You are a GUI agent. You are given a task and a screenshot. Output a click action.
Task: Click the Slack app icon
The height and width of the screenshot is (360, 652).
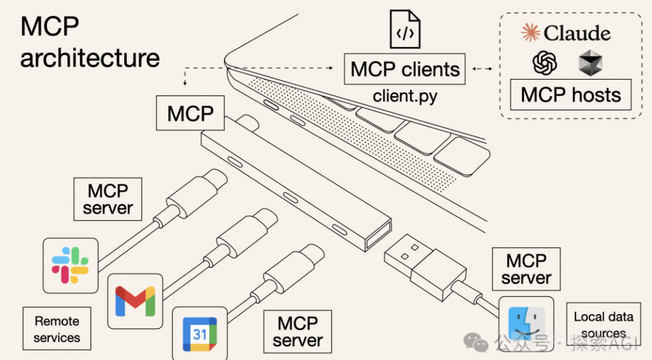tap(70, 266)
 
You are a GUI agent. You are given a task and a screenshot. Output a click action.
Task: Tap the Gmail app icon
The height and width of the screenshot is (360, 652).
tap(135, 301)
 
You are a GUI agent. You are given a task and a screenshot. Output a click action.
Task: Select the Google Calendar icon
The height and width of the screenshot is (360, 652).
tap(199, 334)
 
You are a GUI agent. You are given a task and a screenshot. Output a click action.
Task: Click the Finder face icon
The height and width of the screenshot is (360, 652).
tap(527, 324)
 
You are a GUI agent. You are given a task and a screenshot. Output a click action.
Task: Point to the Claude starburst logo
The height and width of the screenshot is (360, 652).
tap(530, 32)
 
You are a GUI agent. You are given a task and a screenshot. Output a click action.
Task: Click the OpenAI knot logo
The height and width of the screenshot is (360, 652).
tap(545, 63)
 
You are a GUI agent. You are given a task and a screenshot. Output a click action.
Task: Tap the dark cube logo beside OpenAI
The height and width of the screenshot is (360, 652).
tap(590, 63)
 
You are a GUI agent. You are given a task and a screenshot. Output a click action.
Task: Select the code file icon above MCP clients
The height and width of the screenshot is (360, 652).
tap(404, 29)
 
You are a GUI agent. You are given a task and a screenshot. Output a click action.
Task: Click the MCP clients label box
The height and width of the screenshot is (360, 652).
tap(404, 69)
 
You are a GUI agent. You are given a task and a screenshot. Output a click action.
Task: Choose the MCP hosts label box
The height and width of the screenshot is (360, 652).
tap(570, 95)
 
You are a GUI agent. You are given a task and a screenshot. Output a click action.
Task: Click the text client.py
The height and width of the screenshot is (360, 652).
tap(405, 96)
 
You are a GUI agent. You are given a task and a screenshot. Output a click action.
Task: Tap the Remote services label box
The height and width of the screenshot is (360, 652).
tap(57, 329)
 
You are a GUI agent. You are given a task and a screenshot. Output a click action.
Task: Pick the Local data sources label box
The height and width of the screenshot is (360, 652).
tap(604, 324)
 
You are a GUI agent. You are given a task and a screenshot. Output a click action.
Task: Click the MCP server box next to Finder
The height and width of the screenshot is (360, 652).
tap(527, 269)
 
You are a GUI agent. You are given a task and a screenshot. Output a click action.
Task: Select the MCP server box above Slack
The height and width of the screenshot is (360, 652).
tap(108, 199)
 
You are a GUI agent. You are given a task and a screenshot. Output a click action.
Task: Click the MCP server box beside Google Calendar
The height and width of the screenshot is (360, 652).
tap(298, 332)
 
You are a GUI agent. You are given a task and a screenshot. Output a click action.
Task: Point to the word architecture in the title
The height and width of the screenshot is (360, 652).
tap(90, 58)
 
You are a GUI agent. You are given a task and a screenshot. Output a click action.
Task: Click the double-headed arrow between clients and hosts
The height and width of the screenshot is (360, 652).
tap(483, 69)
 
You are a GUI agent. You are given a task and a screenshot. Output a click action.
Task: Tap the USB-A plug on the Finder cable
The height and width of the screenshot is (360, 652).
tap(425, 266)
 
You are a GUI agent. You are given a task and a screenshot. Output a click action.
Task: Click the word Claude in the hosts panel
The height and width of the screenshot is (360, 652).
tap(577, 33)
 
